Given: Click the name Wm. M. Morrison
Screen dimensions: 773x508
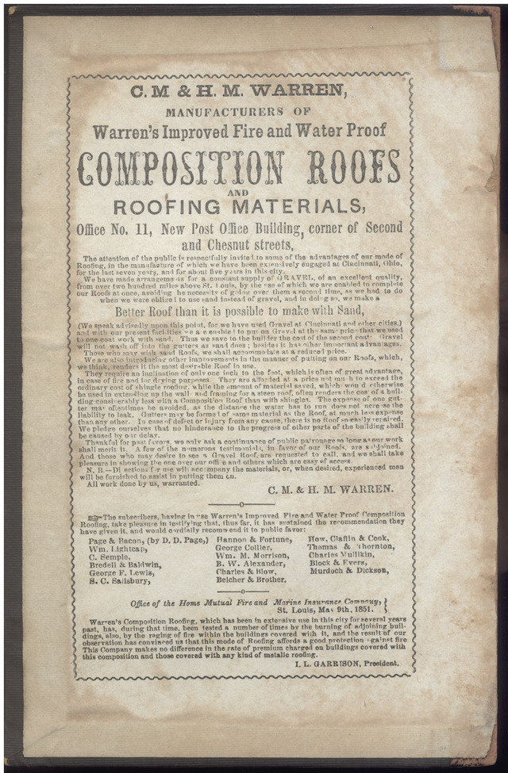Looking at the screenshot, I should click(x=253, y=557).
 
